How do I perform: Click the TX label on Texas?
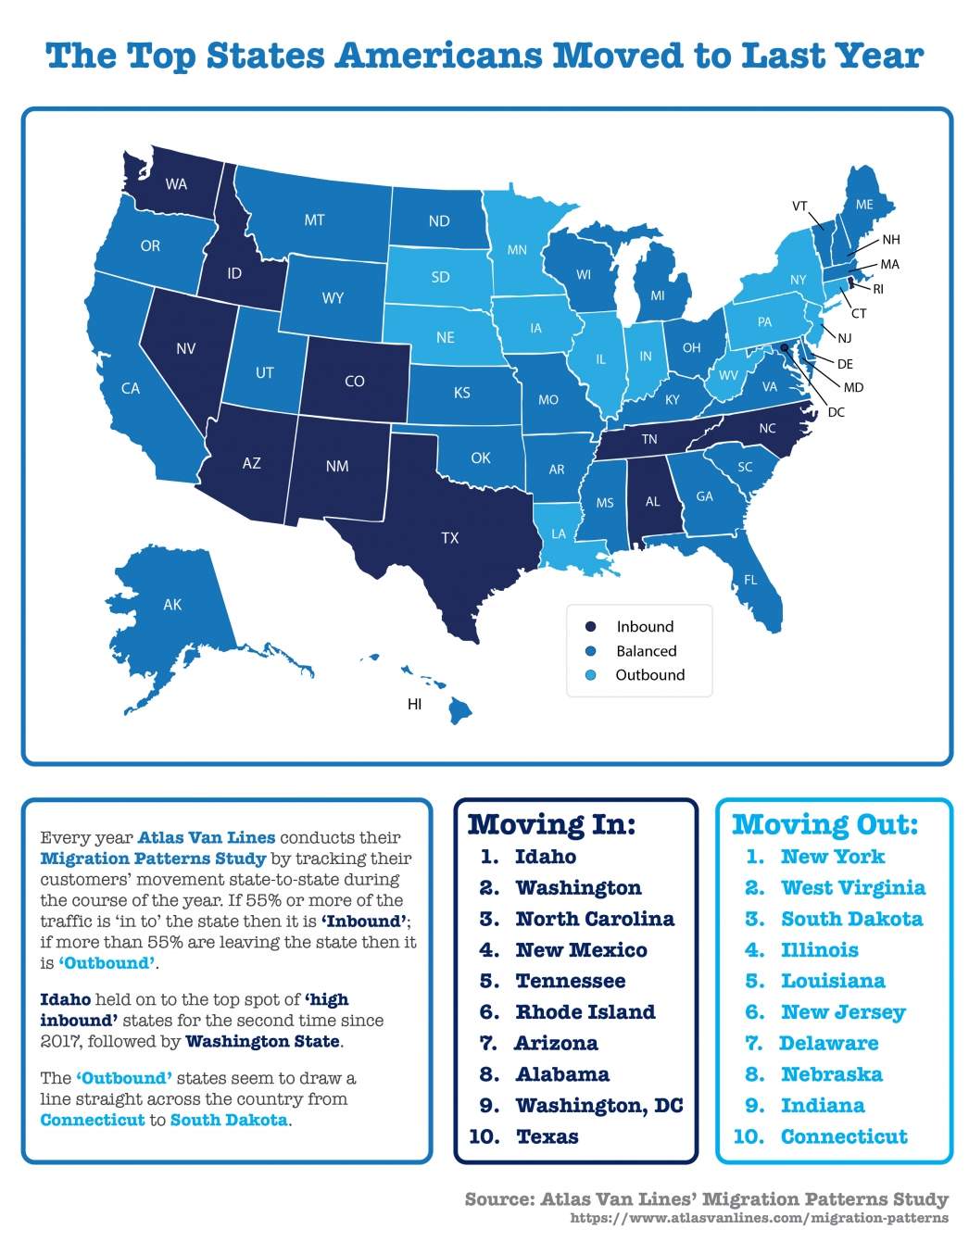450,538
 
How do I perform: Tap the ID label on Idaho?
234,273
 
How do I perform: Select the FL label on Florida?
750,580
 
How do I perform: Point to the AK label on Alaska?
172,605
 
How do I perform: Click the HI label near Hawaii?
414,704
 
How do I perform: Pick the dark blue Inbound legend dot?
590,627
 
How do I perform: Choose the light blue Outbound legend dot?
590,675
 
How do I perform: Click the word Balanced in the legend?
646,651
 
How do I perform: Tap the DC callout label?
836,412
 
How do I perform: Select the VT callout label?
799,206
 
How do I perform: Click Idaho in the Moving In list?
546,857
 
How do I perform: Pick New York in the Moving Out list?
832,857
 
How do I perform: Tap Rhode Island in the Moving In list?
585,1012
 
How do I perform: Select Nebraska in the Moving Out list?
831,1074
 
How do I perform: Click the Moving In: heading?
551,823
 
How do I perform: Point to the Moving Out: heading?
824,823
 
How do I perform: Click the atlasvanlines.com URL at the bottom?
759,1218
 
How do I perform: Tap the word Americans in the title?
439,56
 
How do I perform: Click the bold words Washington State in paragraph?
263,1041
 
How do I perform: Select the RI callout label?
878,289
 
